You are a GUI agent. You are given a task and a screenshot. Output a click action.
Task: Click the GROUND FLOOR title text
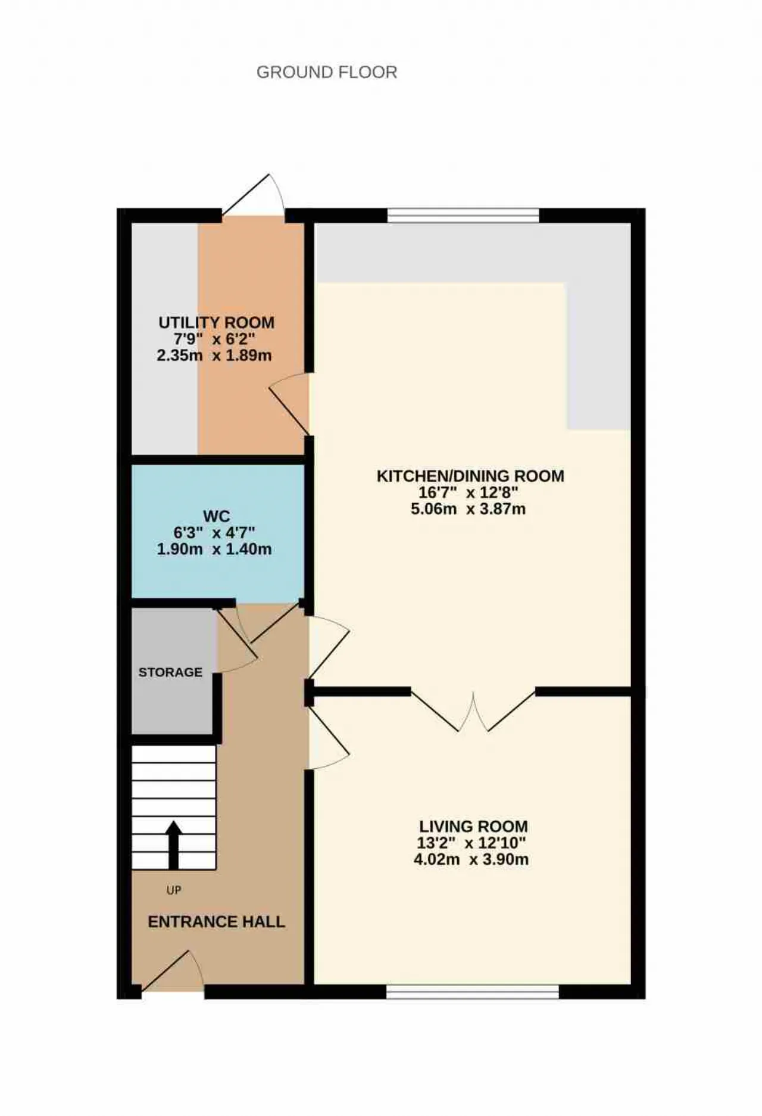pos(327,72)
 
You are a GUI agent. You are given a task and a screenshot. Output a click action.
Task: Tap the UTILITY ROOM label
pos(217,323)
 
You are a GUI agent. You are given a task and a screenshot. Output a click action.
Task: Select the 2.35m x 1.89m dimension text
pos(214,356)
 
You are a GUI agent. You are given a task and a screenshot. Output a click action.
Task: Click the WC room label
pos(216,516)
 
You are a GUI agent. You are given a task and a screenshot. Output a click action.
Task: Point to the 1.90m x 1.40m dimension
pos(214,549)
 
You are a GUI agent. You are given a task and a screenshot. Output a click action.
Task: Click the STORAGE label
pos(170,672)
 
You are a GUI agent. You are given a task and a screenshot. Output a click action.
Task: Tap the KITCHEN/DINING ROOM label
pos(470,476)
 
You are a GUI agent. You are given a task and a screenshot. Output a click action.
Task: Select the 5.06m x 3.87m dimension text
pos(469,509)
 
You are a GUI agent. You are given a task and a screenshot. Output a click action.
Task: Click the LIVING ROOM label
pos(473,827)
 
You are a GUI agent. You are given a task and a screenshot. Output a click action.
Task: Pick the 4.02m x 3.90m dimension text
pos(471,860)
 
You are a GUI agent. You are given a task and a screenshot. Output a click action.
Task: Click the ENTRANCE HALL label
pos(216,922)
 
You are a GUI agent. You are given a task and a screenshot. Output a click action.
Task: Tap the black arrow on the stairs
pos(173,844)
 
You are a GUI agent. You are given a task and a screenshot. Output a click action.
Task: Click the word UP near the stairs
pos(174,890)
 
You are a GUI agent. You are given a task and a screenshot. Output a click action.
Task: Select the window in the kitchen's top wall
pos(463,216)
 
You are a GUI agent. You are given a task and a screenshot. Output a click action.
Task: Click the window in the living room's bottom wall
pos(473,992)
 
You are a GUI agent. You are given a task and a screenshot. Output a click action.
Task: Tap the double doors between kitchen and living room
pos(473,710)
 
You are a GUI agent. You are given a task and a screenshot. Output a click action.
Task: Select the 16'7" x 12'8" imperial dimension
pos(469,492)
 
